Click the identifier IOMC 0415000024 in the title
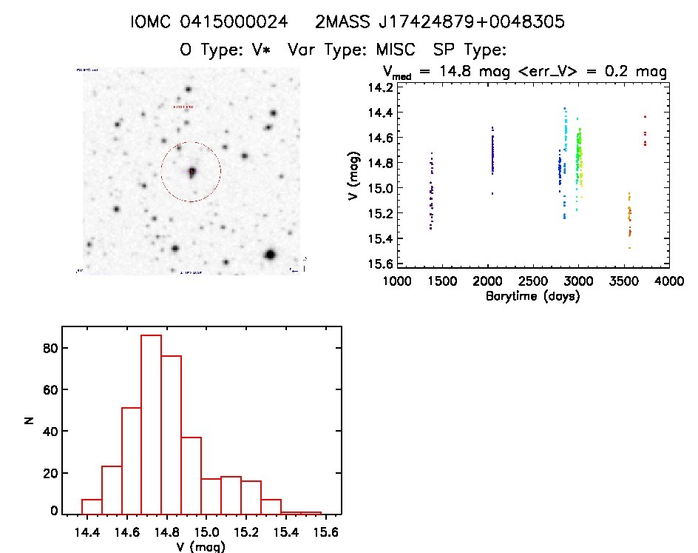[x=208, y=22]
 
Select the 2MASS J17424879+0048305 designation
[x=440, y=22]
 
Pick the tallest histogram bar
[x=151, y=424]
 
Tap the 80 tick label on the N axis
[x=48, y=348]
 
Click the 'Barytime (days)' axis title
[x=532, y=296]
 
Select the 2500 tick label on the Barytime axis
[x=532, y=282]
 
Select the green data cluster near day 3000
[x=580, y=159]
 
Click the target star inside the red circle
[x=192, y=171]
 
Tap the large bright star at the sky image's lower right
[x=270, y=255]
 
